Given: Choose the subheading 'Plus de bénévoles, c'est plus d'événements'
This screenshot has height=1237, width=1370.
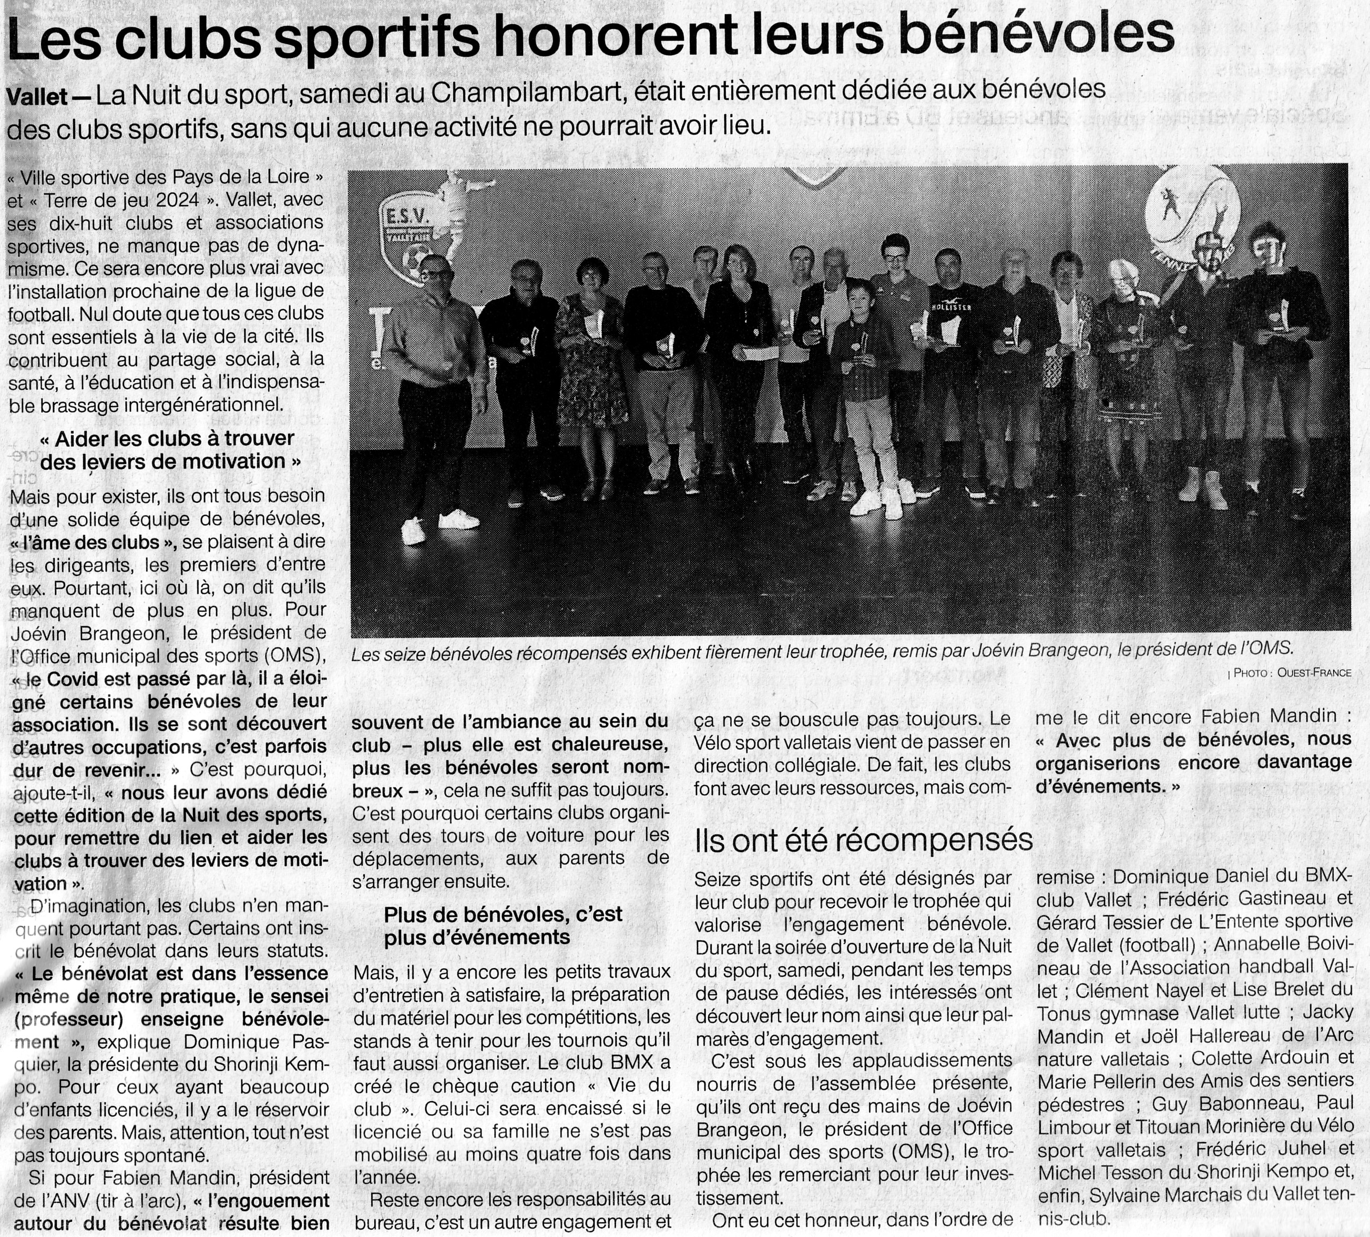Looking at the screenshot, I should (x=503, y=926).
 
